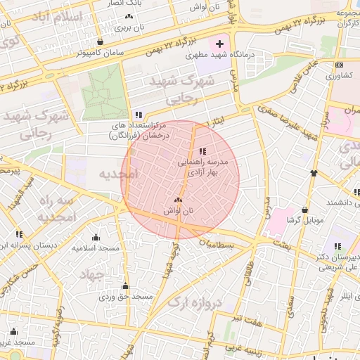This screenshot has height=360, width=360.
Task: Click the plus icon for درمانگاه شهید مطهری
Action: click(x=219, y=44)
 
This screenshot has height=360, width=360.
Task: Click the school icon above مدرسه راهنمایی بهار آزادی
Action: click(x=202, y=151)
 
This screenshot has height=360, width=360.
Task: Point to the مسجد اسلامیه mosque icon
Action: click(x=96, y=238)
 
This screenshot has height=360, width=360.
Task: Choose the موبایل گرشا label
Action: click(x=304, y=220)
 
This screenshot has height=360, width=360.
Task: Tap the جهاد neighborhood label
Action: click(x=91, y=273)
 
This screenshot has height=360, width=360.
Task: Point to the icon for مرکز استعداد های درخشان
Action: click(x=139, y=115)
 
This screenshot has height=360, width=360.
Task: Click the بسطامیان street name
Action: click(x=219, y=243)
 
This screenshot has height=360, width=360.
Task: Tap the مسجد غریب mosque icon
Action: click(x=13, y=332)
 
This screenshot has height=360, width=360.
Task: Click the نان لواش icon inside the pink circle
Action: click(x=178, y=200)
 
